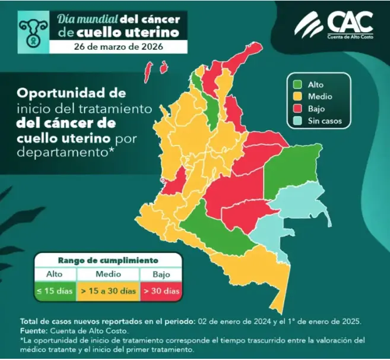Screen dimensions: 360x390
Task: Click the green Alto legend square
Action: click(x=296, y=84)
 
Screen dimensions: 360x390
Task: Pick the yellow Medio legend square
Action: click(x=296, y=96)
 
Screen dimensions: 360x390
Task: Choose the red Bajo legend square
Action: click(x=296, y=109)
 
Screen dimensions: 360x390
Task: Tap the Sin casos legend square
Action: click(x=296, y=121)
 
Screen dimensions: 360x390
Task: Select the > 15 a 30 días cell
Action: click(x=109, y=291)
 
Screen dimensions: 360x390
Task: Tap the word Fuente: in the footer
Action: click(x=36, y=330)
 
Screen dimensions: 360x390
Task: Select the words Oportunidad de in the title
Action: click(x=71, y=94)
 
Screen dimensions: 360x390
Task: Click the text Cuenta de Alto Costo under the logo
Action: click(x=350, y=36)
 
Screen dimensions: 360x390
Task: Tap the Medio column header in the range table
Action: click(x=109, y=274)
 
